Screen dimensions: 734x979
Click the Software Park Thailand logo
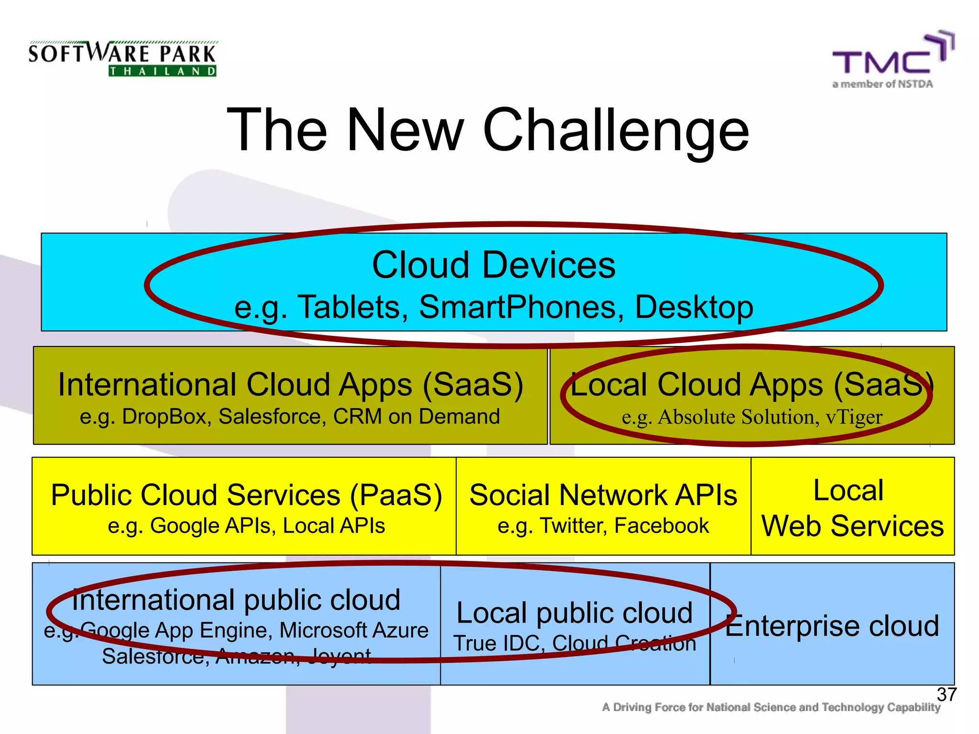coord(122,59)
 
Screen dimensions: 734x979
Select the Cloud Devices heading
coord(493,265)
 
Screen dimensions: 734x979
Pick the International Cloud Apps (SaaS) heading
coord(290,385)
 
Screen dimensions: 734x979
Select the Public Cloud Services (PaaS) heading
coord(246,495)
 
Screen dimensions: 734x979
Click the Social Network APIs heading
coord(603,495)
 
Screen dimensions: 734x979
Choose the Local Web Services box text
coord(852,508)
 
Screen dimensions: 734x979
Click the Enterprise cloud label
coord(832,626)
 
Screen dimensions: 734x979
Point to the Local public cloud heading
coord(574,613)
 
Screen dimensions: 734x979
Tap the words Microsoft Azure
coord(354,630)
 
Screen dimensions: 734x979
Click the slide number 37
coord(946,694)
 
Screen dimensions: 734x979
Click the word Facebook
coord(662,526)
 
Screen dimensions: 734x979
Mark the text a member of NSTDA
coord(882,84)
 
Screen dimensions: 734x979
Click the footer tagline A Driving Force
coord(771,707)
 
